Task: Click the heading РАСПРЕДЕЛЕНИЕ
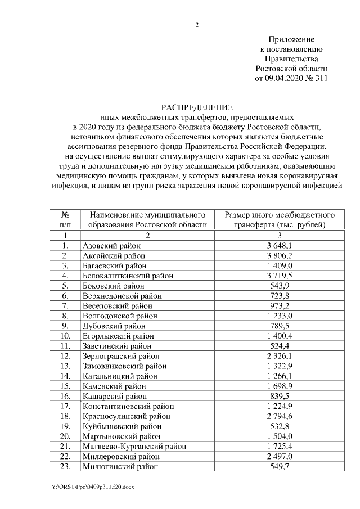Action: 197,107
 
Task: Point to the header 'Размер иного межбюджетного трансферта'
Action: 279,219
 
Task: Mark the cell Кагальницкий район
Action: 120,376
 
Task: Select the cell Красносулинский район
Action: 126,416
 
